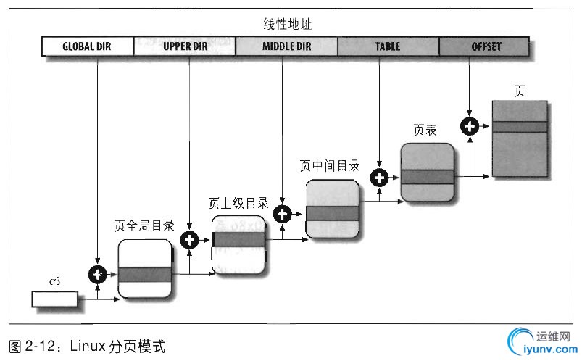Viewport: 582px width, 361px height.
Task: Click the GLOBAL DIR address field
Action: click(x=88, y=47)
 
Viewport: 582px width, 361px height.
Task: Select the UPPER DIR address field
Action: click(x=186, y=47)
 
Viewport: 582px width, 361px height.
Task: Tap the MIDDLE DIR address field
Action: click(x=287, y=47)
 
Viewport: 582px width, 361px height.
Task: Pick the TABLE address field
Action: click(x=388, y=47)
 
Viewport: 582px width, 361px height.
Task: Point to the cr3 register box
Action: click(x=54, y=298)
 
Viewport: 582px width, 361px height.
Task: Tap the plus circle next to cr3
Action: click(x=96, y=274)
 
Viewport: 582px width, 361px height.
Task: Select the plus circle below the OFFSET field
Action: click(x=470, y=126)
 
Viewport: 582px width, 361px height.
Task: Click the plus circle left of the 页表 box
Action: click(x=378, y=176)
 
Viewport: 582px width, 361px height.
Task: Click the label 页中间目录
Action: click(x=330, y=165)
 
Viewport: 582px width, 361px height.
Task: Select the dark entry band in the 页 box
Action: click(x=519, y=127)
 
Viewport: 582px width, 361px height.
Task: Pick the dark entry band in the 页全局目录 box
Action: click(x=145, y=274)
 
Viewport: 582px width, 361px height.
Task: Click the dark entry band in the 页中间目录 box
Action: click(x=333, y=213)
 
